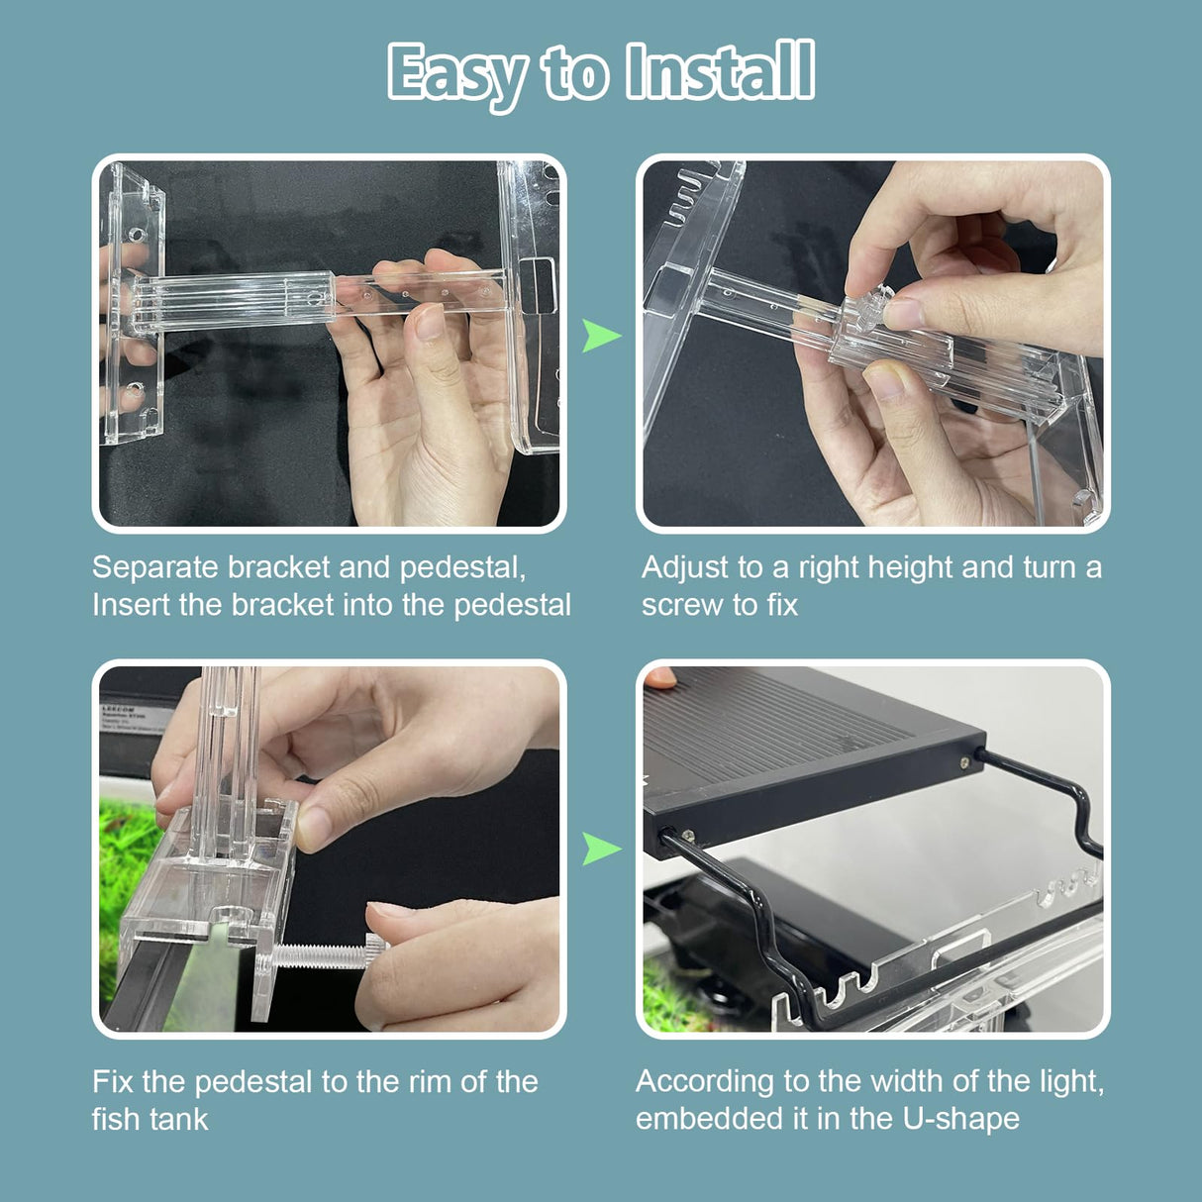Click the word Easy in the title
click(457, 73)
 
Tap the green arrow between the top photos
click(600, 336)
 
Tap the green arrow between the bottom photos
click(600, 849)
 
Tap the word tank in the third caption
click(179, 1120)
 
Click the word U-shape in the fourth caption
click(960, 1119)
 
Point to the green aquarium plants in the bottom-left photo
click(124, 871)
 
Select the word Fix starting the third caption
click(113, 1081)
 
